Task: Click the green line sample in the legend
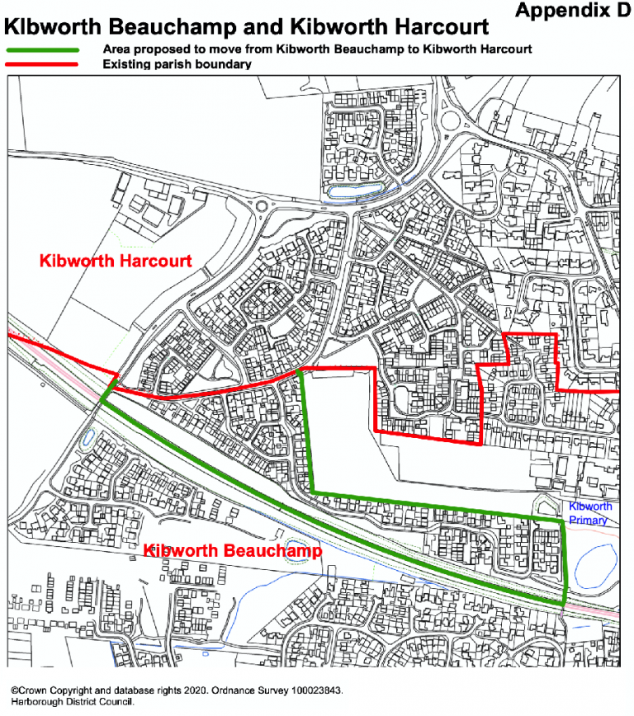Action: [x=43, y=49]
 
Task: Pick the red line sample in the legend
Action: [x=43, y=64]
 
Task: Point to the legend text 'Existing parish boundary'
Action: [x=177, y=64]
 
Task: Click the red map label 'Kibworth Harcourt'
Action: [x=116, y=261]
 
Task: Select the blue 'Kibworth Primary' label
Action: [x=589, y=513]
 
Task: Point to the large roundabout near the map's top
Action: [x=454, y=121]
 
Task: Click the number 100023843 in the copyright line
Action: [x=312, y=689]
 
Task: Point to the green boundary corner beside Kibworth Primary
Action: [x=564, y=521]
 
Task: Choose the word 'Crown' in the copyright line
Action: [x=33, y=689]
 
